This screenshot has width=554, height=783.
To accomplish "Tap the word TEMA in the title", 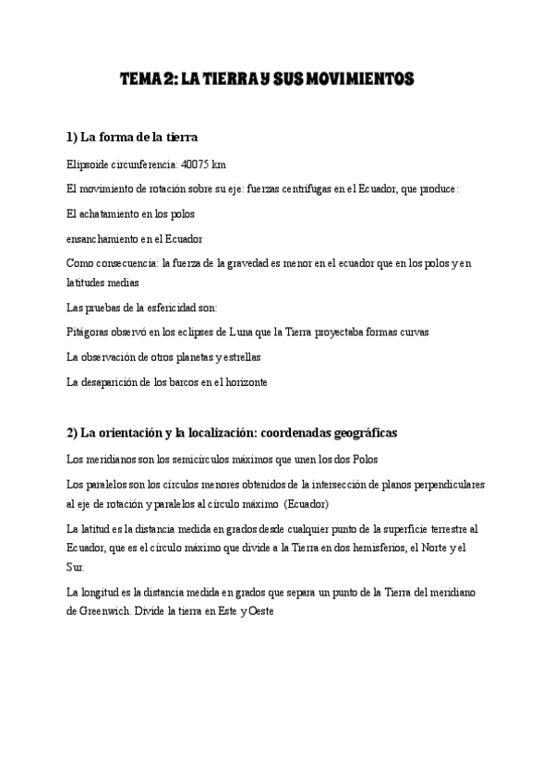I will click(x=140, y=80).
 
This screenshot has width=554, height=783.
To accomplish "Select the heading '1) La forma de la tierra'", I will click(x=133, y=138).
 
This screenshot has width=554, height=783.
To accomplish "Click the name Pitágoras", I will click(x=89, y=331).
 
